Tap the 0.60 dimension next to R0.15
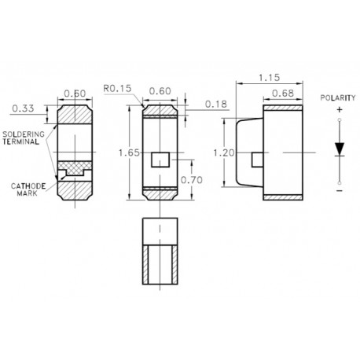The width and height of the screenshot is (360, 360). [160, 90]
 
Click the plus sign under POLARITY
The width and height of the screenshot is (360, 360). [338, 112]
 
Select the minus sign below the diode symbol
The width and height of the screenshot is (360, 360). [338, 190]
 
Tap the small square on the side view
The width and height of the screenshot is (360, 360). [255, 159]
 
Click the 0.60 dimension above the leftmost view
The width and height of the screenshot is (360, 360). [75, 93]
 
